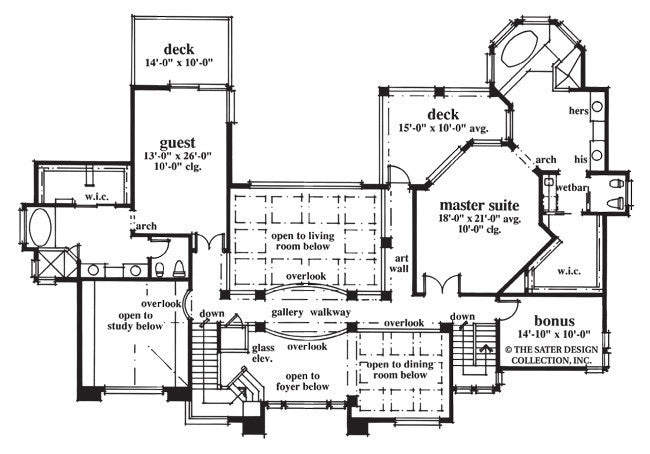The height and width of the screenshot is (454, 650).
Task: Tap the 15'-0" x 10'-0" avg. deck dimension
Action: [x=443, y=129]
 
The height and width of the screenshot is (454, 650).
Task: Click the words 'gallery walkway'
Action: [x=310, y=313]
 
